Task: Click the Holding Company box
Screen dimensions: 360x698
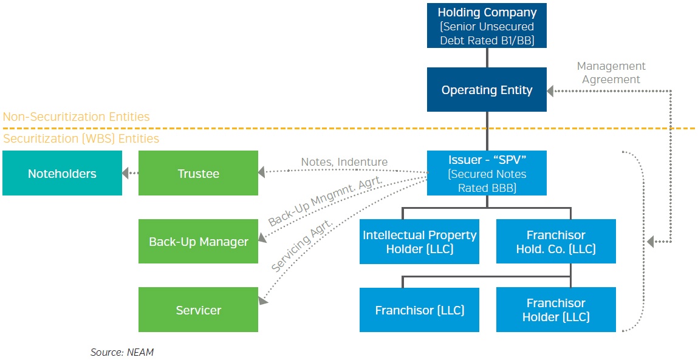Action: (x=487, y=25)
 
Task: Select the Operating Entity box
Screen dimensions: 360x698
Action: (x=487, y=90)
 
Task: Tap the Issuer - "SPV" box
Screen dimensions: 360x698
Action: (x=487, y=173)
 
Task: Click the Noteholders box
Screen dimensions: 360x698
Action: (x=62, y=174)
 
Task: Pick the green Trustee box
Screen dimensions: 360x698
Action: (x=198, y=174)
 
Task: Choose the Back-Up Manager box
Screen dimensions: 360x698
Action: (x=198, y=242)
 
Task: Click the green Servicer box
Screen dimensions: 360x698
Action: (x=198, y=310)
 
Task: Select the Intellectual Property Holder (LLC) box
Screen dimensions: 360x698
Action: (x=419, y=242)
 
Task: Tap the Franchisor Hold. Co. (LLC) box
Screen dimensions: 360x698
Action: (x=556, y=242)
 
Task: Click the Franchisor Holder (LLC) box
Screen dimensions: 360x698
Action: (x=556, y=310)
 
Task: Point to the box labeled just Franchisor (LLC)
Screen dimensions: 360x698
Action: (x=419, y=310)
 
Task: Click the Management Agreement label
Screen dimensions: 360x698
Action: (x=611, y=73)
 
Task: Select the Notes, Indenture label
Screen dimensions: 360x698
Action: (x=344, y=162)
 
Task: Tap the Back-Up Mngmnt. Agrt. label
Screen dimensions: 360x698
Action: (x=325, y=201)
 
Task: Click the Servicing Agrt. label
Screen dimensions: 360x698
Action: (x=302, y=245)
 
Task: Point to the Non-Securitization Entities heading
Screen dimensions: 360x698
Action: (x=76, y=117)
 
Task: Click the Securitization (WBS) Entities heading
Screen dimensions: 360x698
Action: (x=81, y=139)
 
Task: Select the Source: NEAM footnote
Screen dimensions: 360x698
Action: (x=122, y=352)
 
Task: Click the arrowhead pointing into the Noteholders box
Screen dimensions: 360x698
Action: (x=126, y=174)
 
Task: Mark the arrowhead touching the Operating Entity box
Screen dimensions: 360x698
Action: (x=550, y=90)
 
